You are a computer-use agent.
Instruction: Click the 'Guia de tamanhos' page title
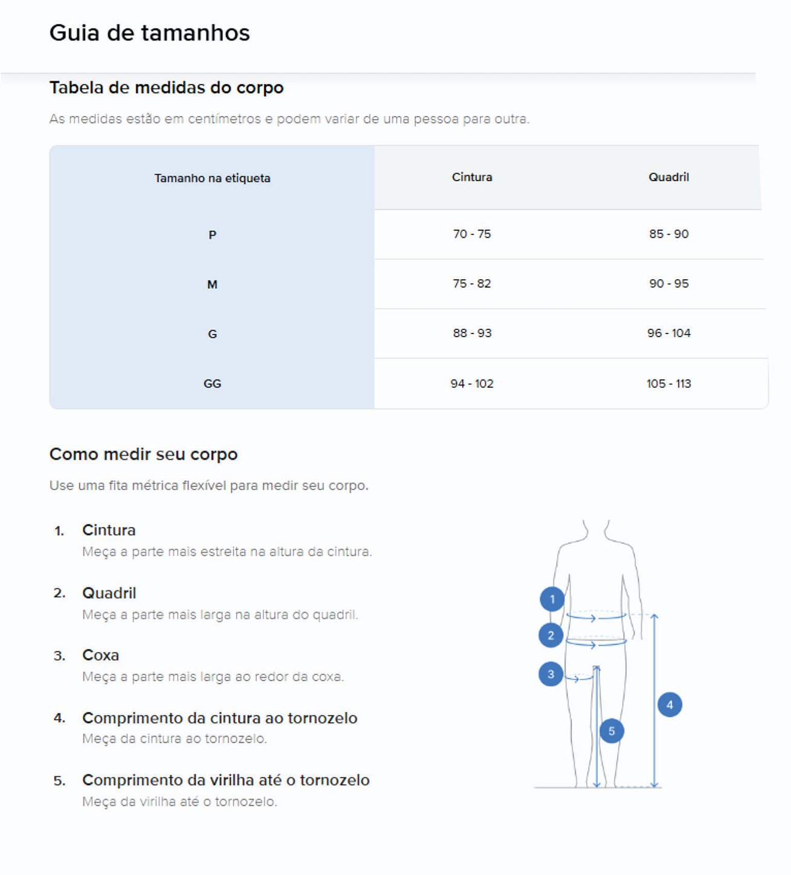150,33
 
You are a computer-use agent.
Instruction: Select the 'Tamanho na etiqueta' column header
212,178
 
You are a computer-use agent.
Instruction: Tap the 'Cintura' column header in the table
471,177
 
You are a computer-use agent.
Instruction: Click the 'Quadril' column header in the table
668,177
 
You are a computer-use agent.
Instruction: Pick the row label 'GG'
212,383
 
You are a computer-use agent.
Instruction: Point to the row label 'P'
212,235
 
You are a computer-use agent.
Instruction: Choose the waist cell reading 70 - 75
471,234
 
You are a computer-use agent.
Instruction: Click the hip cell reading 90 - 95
668,283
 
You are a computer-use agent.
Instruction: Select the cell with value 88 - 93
471,333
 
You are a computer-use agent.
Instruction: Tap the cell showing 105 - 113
668,383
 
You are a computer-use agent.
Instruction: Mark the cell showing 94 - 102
471,383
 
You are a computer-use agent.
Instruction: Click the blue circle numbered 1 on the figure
552,599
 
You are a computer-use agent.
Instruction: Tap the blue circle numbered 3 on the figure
550,674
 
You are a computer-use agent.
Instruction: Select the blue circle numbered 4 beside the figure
670,705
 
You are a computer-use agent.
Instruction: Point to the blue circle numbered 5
612,731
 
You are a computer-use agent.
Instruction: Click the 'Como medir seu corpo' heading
144,454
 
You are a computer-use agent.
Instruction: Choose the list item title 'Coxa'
100,655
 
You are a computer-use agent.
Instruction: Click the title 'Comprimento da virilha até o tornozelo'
225,780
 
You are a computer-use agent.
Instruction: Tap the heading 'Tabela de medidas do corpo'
166,88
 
